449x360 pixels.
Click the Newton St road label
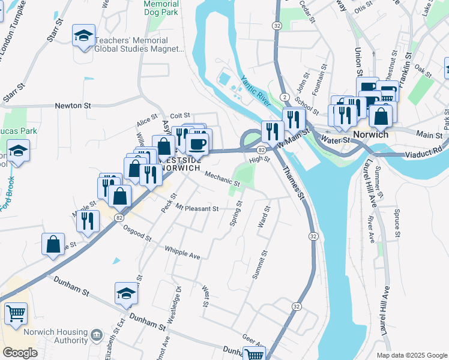(x=73, y=106)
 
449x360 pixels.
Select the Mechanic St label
(x=223, y=179)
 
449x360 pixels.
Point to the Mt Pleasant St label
(x=197, y=208)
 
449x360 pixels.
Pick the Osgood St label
(x=137, y=233)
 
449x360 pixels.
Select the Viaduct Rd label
(x=428, y=148)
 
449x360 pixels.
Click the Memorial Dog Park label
(x=161, y=8)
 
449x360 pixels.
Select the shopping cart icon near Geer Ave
(x=255, y=354)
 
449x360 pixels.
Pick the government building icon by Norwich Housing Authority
(x=97, y=334)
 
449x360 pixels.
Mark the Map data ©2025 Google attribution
(x=411, y=355)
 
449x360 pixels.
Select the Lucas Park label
(x=19, y=131)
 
